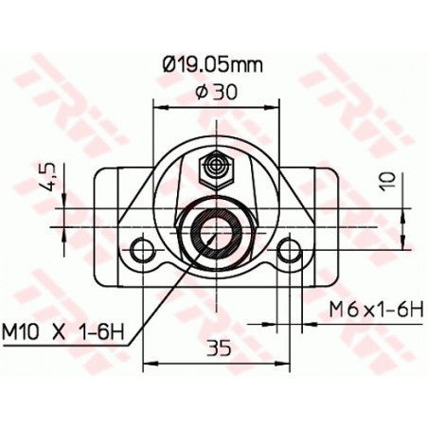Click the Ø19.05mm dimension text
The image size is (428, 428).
click(x=212, y=64)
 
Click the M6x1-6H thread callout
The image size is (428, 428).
click(x=374, y=309)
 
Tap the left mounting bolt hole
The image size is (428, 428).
click(x=143, y=250)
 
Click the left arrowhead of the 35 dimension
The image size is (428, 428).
click(x=147, y=362)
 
